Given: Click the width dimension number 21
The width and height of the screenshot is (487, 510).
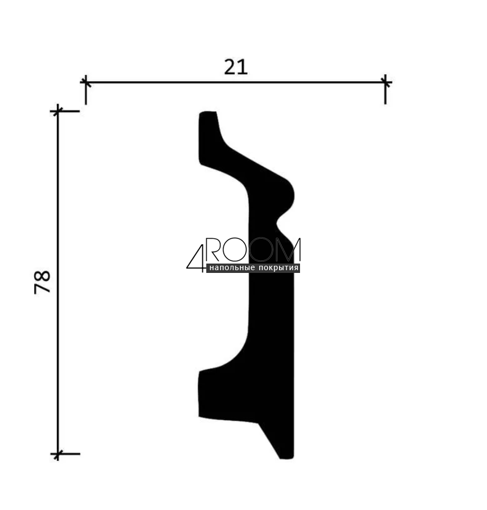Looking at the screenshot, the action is click(236, 67).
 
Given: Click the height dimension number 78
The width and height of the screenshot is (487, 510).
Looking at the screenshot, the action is click(42, 282).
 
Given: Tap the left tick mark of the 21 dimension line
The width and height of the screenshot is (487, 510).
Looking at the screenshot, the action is click(85, 82).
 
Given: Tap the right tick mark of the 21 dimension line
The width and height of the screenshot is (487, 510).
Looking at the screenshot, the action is click(386, 82).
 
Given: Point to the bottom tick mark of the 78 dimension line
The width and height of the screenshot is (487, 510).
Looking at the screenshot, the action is click(57, 453).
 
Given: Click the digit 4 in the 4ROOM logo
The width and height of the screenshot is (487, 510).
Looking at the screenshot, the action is click(196, 259).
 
